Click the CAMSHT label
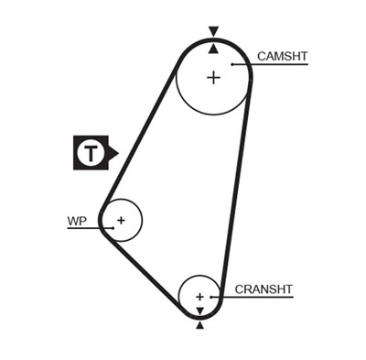(283, 57)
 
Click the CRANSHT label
(264, 289)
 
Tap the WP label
(76, 221)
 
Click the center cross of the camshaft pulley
(213, 77)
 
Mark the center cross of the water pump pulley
(120, 220)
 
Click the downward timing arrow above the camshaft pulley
(214, 30)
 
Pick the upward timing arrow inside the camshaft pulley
(214, 47)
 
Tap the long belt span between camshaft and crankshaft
(235, 183)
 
